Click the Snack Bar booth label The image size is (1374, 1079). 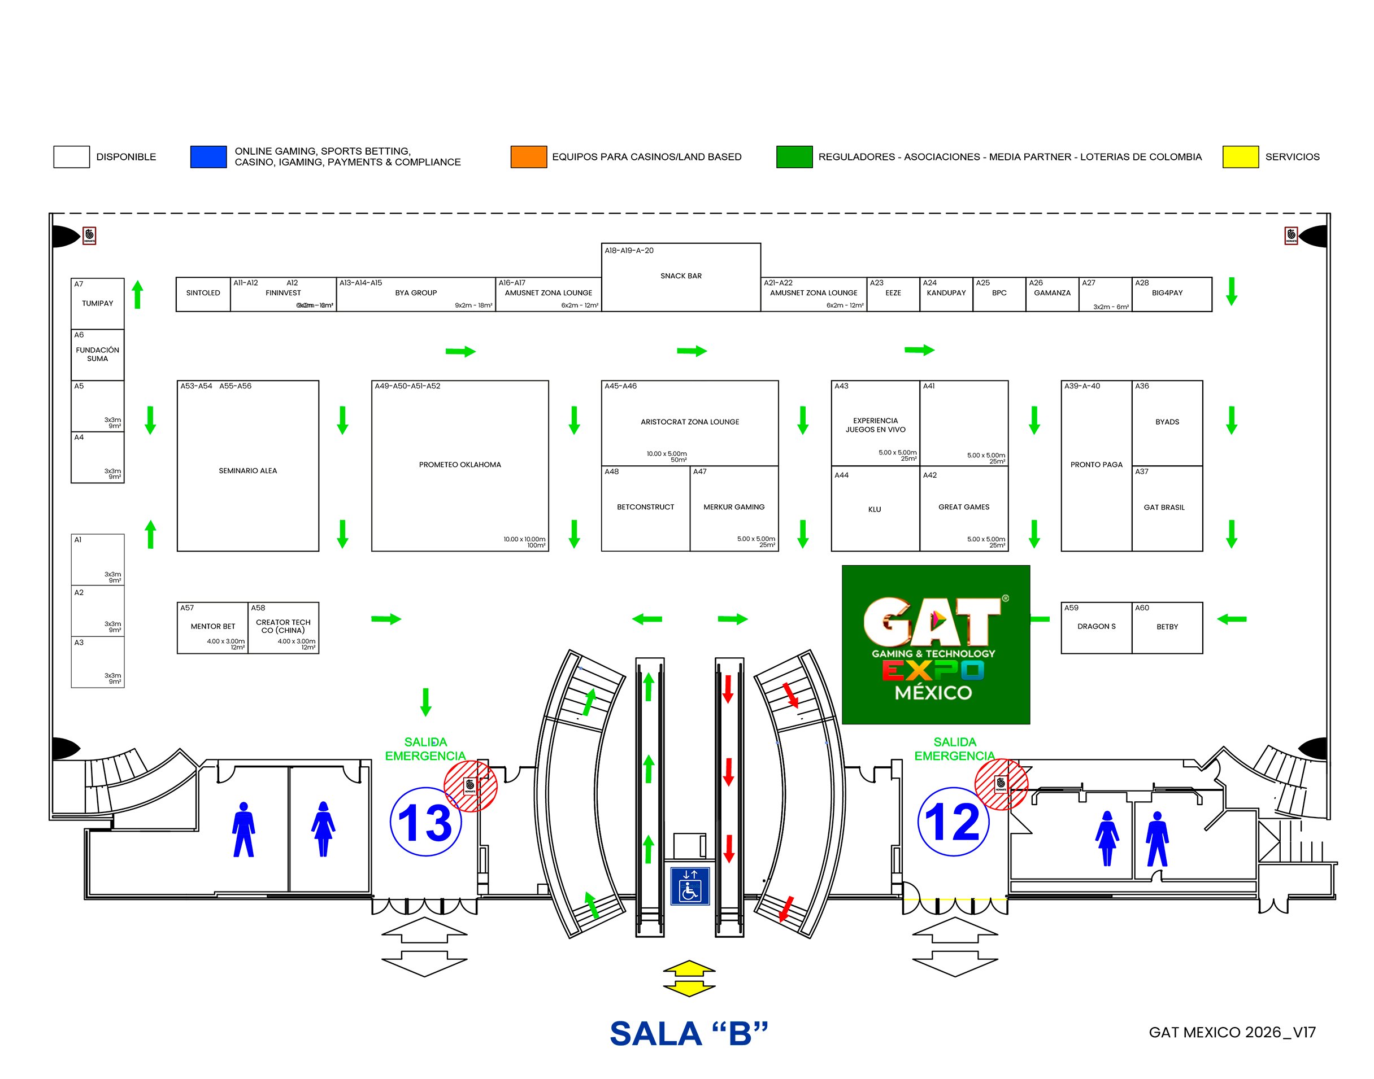pos(680,276)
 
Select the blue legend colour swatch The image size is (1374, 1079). pos(208,156)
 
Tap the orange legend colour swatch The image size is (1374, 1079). pos(528,156)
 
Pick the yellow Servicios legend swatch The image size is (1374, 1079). pos(1240,156)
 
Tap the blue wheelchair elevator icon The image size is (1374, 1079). pos(689,886)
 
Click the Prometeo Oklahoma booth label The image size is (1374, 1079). pos(459,465)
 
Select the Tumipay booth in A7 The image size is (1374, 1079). pos(97,303)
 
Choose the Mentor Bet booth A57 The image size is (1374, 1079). pos(212,627)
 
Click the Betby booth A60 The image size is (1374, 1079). pos(1166,627)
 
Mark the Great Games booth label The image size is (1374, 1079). pos(963,507)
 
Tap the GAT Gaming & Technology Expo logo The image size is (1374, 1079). pos(935,644)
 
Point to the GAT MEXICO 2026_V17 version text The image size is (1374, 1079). pos(1231,1032)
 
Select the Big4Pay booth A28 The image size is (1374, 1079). pos(1166,293)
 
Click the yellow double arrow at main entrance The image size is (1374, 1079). pos(688,978)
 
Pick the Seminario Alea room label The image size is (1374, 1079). pos(248,471)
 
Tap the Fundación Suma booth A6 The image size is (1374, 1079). pos(97,355)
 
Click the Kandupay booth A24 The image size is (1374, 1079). pos(946,293)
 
